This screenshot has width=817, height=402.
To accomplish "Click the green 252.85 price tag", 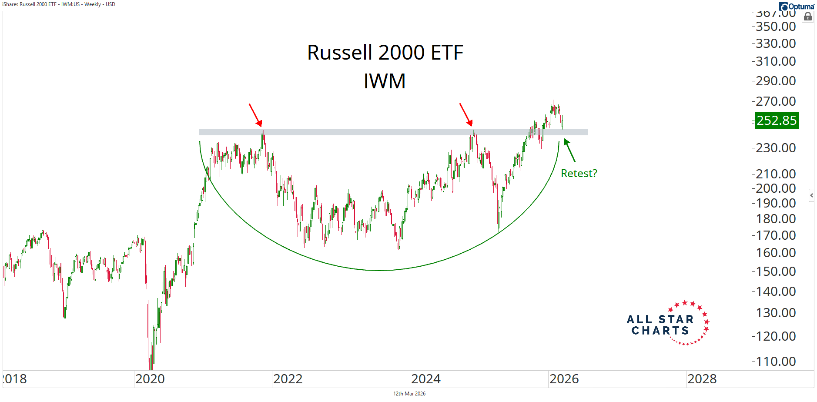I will point(777,120).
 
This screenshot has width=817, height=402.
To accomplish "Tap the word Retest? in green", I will point(579,173).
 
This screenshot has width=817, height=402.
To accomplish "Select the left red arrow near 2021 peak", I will point(255,114).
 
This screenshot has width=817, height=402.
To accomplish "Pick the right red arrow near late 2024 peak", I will point(466,114).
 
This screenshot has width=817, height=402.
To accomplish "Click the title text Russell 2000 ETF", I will point(385,53).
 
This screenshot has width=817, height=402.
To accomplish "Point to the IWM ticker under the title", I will point(385,81).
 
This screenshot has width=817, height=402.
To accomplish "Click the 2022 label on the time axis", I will point(288,379).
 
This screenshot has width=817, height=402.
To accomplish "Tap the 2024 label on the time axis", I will point(425,379).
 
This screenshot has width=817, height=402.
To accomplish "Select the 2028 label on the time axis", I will point(702,379).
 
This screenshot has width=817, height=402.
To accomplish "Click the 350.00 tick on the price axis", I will point(776,27).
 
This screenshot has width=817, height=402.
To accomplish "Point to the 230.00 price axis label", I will point(776,148).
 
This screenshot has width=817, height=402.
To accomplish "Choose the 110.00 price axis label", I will point(776,361).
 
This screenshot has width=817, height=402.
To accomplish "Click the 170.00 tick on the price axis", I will point(776,235).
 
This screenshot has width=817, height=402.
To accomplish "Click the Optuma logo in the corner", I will point(797,6).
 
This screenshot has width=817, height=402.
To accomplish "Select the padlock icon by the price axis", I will point(808,17).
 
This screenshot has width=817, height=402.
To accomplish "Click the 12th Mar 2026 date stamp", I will point(409,394).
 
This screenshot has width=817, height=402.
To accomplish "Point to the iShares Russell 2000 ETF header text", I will point(59,4).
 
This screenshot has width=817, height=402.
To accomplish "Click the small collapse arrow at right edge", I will point(811,195).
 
